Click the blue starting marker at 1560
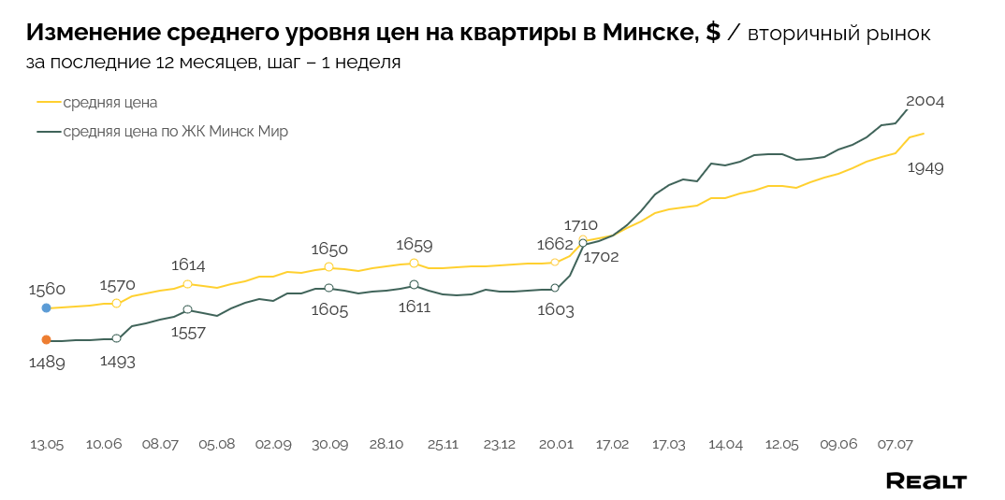click(x=46, y=307)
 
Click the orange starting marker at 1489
click(x=46, y=340)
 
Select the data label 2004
click(x=925, y=101)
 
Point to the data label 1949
click(x=925, y=168)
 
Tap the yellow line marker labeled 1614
click(x=187, y=284)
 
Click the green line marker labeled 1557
click(x=187, y=309)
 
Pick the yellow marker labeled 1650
click(x=328, y=267)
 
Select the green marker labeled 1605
click(x=328, y=288)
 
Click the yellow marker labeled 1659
click(x=414, y=264)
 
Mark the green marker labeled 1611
click(x=414, y=284)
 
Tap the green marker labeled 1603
click(x=555, y=288)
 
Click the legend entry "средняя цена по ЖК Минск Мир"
click(x=175, y=132)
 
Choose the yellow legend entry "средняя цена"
click(x=109, y=102)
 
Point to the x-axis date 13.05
click(x=47, y=444)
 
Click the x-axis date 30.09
click(x=329, y=444)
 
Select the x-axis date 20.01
click(x=556, y=444)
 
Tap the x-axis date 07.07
click(x=895, y=444)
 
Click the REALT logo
click(x=925, y=481)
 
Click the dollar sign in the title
click(x=712, y=33)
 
